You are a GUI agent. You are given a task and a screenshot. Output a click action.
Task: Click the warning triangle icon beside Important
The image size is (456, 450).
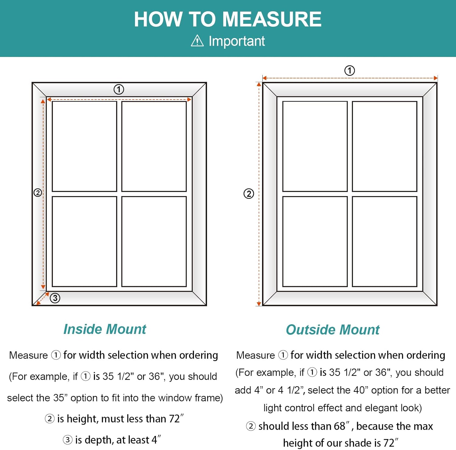pos(197,41)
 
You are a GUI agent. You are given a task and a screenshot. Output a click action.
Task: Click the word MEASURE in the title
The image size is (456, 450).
pos(272,19)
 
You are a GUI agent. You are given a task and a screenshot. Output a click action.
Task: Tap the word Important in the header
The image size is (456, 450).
pos(237,41)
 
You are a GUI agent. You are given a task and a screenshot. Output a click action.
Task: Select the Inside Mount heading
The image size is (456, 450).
pos(105,329)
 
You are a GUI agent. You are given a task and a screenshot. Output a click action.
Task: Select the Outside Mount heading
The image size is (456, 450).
pos(333,330)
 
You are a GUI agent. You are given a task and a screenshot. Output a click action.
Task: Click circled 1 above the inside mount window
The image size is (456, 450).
pos(119,90)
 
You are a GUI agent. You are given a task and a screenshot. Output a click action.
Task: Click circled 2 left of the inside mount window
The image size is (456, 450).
pos(38,192)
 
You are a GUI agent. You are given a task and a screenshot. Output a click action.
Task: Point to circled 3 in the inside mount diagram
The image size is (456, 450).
pos(55,298)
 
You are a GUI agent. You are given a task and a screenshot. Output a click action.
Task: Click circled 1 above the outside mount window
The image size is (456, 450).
pos(350,71)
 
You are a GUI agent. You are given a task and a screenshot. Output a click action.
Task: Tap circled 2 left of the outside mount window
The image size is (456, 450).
pos(249,194)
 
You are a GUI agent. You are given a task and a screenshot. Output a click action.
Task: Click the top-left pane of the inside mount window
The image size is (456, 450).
pos(85,146)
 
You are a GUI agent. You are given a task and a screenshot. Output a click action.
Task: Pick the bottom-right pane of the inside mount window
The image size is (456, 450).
pos(154,241)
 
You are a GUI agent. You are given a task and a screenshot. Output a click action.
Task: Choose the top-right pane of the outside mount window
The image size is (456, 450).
pos(384,146)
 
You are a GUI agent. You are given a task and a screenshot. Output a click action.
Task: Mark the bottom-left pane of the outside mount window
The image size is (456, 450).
pos(315,241)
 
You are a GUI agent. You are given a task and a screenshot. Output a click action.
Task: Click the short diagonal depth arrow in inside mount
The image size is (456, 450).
pos(43,298)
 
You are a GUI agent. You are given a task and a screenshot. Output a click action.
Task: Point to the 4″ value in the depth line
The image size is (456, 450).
pos(156,440)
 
